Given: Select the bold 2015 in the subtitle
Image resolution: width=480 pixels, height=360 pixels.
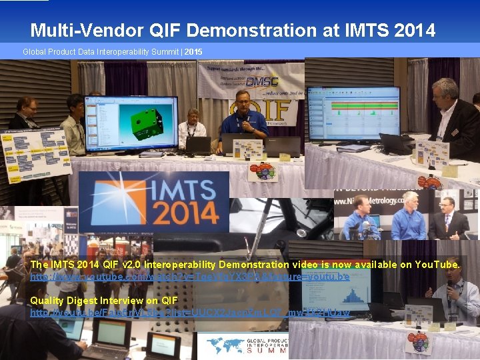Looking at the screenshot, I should [193, 51].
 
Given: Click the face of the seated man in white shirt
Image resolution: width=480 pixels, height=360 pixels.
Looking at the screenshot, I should [193, 113].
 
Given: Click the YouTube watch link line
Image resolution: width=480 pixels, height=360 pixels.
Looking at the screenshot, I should [189, 276].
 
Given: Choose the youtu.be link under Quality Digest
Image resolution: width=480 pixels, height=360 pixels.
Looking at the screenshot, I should [190, 312].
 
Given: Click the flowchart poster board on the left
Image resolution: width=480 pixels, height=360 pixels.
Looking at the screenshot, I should [37, 153].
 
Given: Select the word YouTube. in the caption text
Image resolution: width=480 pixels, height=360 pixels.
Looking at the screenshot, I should [437, 265].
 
